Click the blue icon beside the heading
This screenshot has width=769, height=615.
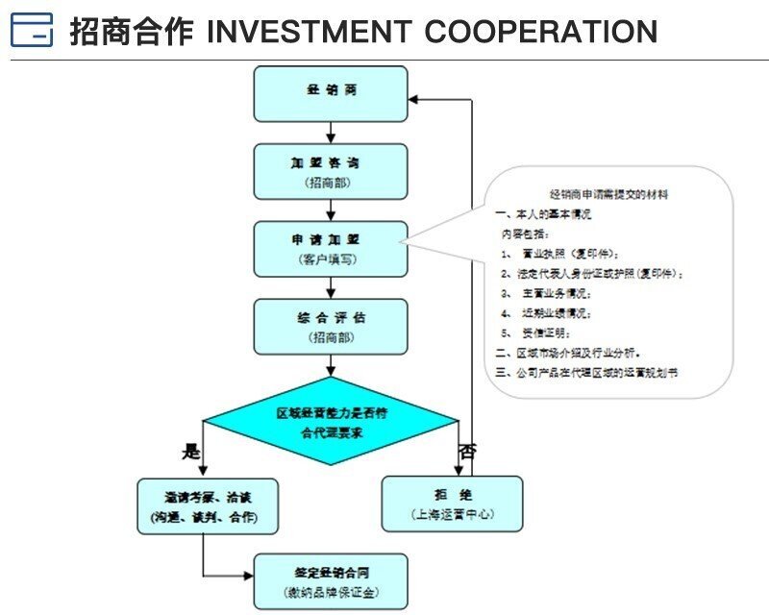pyautogui.click(x=32, y=31)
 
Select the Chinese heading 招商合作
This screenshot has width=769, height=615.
pyautogui.click(x=131, y=32)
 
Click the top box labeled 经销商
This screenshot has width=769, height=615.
pyautogui.click(x=331, y=93)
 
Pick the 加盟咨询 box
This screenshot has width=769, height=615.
pyautogui.click(x=331, y=171)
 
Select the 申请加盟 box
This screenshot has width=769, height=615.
pyautogui.click(x=331, y=249)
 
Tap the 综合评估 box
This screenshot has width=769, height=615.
pyautogui.click(x=331, y=326)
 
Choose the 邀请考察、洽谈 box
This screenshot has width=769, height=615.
pyautogui.click(x=208, y=506)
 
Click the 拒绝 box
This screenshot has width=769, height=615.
pyautogui.click(x=452, y=504)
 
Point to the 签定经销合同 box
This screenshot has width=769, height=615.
pyautogui.click(x=331, y=580)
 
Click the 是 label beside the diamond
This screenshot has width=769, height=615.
pyautogui.click(x=190, y=450)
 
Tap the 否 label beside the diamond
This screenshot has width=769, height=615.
pyautogui.click(x=467, y=450)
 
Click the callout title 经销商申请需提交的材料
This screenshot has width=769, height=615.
pyautogui.click(x=608, y=194)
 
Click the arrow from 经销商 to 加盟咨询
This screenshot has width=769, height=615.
pyautogui.click(x=331, y=132)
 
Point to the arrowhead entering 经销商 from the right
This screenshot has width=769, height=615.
pyautogui.click(x=414, y=98)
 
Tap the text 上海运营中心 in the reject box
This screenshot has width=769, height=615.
pyautogui.click(x=452, y=514)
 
